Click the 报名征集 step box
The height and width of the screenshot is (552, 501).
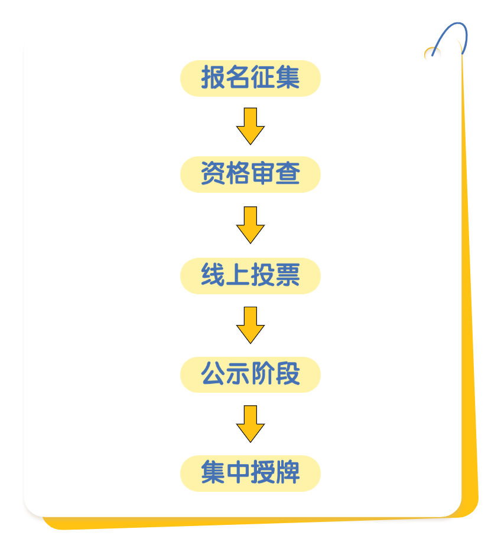point(250,78)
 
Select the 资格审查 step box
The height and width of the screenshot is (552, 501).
point(250,174)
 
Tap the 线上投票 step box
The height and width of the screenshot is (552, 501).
point(250,275)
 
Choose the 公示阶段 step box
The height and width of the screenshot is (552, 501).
point(250,374)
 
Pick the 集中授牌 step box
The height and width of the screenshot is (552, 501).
point(250,473)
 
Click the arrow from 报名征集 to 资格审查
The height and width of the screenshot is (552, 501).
point(250,126)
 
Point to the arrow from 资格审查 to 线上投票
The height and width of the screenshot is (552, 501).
point(250,225)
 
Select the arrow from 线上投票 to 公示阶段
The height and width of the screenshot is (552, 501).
point(250,325)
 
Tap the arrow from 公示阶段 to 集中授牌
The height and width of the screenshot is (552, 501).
point(250,423)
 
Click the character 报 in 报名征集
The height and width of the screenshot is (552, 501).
point(213,77)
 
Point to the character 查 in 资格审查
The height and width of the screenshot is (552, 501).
point(288,173)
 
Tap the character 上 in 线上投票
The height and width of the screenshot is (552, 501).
point(238,275)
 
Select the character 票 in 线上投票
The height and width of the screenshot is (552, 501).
point(288,275)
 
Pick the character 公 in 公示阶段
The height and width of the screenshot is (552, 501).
point(213,373)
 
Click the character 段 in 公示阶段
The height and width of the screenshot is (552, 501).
point(288,373)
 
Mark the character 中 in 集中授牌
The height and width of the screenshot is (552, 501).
point(238,472)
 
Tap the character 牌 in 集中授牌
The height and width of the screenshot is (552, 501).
point(288,472)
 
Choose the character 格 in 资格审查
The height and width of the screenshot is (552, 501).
point(238,173)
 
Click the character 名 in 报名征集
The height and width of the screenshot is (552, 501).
point(238,77)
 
